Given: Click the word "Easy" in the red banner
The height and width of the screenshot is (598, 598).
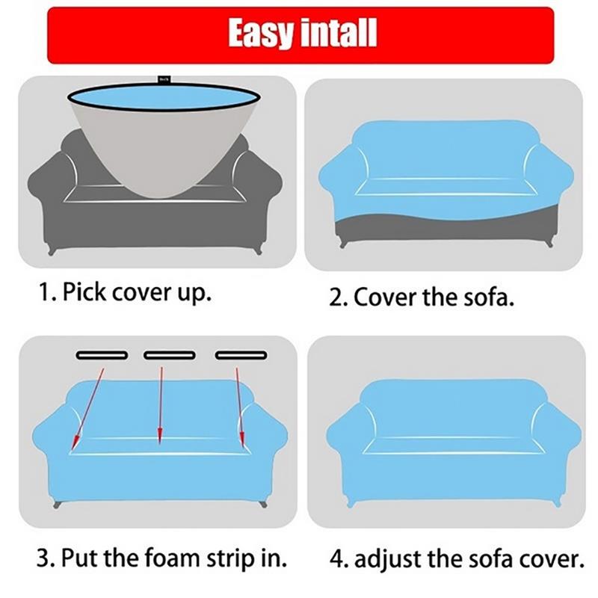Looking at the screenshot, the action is (260, 34).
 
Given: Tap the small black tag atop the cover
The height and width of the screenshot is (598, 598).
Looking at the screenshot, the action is (164, 79).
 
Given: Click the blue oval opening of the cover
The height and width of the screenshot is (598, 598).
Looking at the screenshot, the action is (164, 97).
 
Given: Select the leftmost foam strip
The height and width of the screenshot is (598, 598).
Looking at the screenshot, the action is (102, 356).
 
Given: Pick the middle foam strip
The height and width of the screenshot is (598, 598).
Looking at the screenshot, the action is (170, 356).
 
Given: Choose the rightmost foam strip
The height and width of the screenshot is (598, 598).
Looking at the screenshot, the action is (241, 356).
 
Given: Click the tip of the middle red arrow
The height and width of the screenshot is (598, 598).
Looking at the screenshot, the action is (160, 444).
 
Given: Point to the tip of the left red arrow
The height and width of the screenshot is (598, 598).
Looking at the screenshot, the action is (73, 449).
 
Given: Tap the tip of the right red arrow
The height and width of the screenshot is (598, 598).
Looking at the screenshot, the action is (242, 446).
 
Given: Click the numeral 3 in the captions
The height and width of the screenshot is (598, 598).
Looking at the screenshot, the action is (43, 558).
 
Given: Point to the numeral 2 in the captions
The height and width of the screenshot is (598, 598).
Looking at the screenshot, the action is (336, 298).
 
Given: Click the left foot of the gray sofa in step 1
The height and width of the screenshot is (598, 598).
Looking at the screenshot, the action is (52, 251).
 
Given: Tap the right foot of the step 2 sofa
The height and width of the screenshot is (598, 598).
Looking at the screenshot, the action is (549, 244).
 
